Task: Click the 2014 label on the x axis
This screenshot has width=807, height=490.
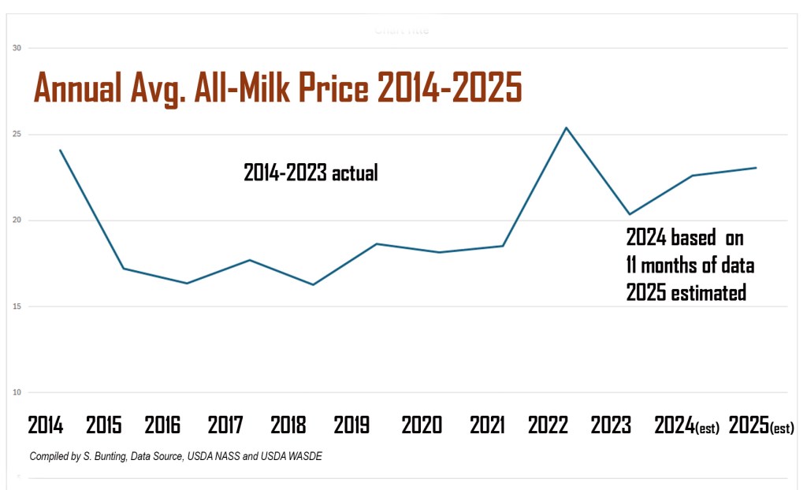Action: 46,425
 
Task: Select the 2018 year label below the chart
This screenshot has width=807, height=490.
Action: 288,425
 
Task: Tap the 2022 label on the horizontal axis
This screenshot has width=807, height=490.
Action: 548,425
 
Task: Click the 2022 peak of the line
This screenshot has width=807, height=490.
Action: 566,128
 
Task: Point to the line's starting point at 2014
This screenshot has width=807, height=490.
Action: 60,150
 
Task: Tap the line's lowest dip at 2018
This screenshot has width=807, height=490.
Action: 313,284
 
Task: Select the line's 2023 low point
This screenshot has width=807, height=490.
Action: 629,214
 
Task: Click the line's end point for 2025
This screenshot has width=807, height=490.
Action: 756,168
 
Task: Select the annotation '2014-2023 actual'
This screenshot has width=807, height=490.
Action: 311,173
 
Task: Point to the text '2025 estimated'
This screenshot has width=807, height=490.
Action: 686,292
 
